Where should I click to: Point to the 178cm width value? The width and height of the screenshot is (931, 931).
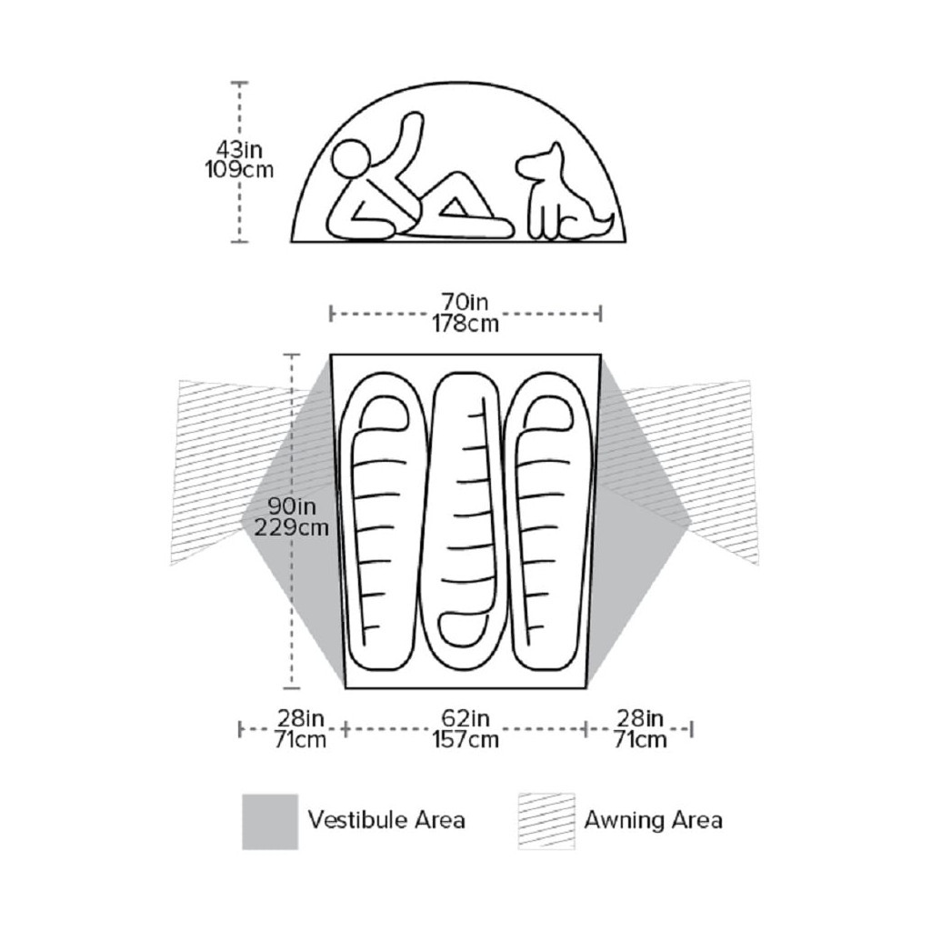465,324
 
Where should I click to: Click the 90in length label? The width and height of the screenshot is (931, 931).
292,506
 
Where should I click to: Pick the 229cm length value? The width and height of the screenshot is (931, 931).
292,527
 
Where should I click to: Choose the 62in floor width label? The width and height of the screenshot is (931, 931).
465,718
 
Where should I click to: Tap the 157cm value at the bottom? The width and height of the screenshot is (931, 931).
465,739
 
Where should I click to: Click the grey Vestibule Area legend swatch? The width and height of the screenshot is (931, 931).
270,821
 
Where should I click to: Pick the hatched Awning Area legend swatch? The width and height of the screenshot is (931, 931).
546,821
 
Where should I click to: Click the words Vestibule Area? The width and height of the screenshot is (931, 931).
386,820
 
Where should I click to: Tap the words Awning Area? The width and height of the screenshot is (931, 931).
653,820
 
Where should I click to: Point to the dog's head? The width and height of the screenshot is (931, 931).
542,162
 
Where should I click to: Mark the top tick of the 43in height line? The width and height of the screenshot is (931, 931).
240,83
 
